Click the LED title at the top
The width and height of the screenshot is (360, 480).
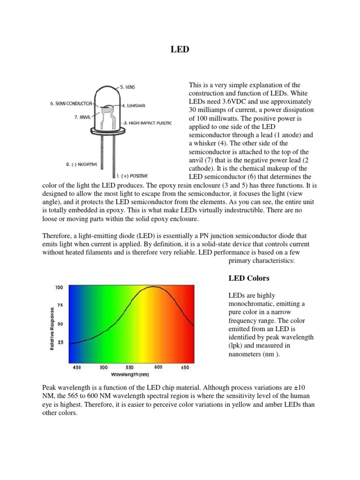pyautogui.click(x=180, y=49)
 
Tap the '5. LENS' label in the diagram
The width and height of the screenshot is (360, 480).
pyautogui.click(x=127, y=87)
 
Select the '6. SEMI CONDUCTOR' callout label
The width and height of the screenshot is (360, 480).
pyautogui.click(x=71, y=104)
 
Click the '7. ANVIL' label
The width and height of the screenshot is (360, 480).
pyautogui.click(x=82, y=118)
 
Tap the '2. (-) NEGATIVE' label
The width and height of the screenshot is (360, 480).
pyautogui.click(x=81, y=165)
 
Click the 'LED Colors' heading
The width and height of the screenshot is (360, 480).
pyautogui.click(x=248, y=278)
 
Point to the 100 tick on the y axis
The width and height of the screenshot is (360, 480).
pyautogui.click(x=59, y=287)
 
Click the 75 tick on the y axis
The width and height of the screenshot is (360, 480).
pyautogui.click(x=60, y=305)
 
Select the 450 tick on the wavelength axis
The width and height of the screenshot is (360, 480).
pyautogui.click(x=75, y=367)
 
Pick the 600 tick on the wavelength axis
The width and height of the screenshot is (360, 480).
pyautogui.click(x=158, y=367)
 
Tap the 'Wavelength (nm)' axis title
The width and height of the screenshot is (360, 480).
pyautogui.click(x=130, y=375)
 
